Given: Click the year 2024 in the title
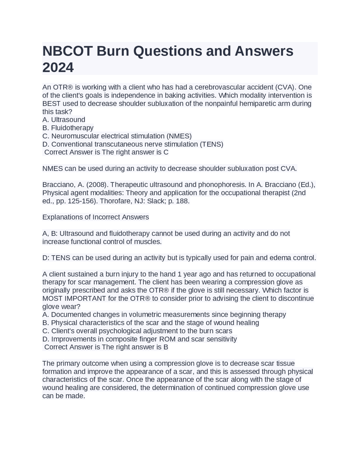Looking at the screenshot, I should tap(58, 68).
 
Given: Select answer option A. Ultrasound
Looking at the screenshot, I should tap(64, 120).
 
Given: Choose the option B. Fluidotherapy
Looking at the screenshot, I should tap(68, 128).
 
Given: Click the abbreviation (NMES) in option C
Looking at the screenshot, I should tap(179, 136).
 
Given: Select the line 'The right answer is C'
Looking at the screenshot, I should tap(135, 152).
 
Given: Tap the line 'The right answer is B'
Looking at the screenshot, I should tap(135, 347).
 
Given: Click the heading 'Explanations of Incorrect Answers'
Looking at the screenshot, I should tap(96, 217).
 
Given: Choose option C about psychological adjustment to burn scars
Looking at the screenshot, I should tap(137, 331).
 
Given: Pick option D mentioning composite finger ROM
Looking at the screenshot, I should tap(139, 339).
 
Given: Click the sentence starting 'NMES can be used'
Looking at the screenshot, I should tap(170, 169).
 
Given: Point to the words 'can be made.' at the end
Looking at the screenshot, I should tap(64, 396).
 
